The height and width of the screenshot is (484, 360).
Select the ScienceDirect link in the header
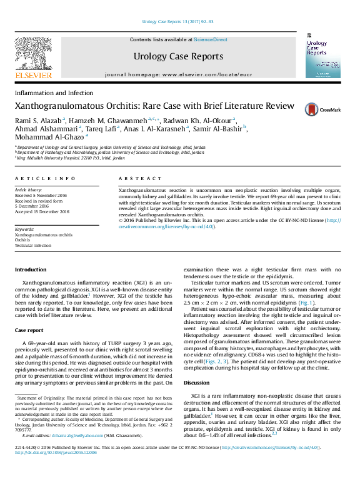pos(211,39)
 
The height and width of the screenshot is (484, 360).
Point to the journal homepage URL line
pos(178,74)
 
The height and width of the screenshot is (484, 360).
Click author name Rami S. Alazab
pos(37,119)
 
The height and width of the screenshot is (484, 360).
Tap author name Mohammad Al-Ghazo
pos(49,136)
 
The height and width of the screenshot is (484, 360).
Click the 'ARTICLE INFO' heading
pos(44,178)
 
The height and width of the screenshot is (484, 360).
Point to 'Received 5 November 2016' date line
pos(42,194)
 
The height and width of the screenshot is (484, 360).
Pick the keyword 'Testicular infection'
pos(33,246)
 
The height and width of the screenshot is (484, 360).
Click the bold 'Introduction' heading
pos(31,270)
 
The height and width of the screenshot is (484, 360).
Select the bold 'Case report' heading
pos(29,330)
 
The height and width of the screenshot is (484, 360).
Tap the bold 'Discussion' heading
pos(196,382)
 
